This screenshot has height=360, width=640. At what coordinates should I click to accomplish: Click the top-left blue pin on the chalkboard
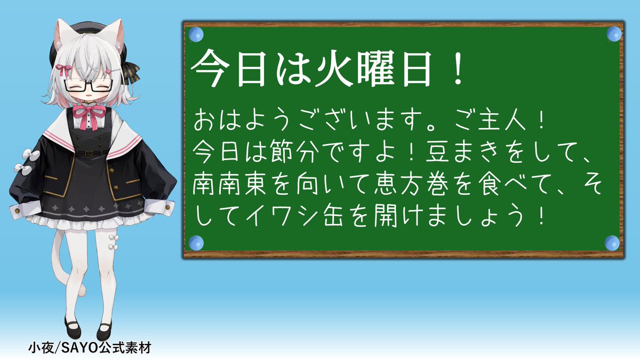[196, 35]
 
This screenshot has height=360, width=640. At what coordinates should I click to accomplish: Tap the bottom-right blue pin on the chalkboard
[612, 243]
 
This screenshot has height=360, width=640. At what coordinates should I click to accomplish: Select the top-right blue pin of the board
[614, 34]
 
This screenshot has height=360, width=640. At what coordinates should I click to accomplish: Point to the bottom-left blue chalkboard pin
[196, 243]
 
